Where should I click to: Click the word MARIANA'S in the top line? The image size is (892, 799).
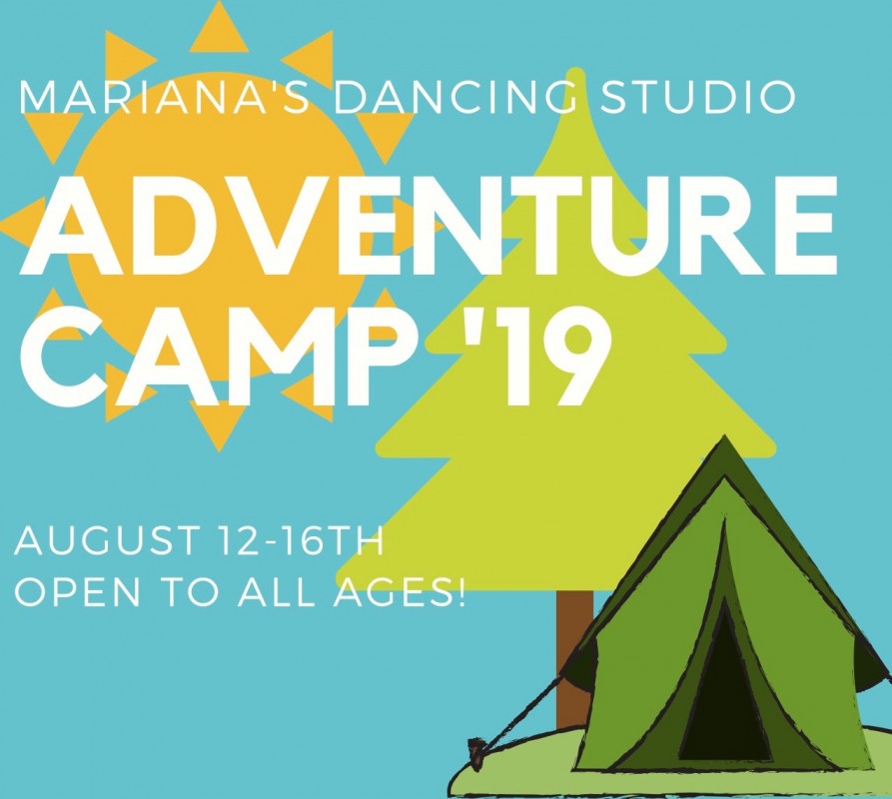(165, 97)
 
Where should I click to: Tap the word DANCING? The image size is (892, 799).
(459, 97)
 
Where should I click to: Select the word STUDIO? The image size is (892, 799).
(698, 97)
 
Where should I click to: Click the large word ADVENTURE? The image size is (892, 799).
(428, 225)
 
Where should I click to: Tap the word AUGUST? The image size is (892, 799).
(109, 540)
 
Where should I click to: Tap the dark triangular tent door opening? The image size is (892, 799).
(724, 711)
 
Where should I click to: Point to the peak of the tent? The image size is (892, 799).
(724, 436)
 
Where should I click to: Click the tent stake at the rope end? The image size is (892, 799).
(476, 752)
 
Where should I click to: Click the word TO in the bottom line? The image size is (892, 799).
(189, 592)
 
